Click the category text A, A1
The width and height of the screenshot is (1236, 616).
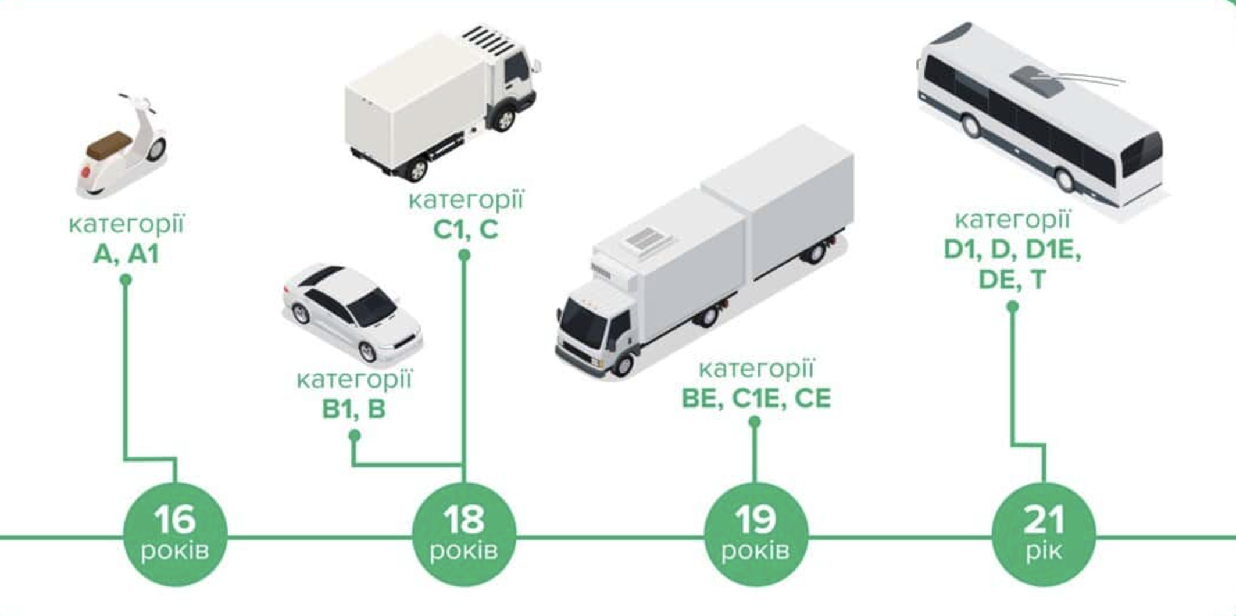pos(126,254)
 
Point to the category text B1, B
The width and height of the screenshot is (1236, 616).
pos(354,409)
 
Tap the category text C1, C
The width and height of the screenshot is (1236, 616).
pos(466,230)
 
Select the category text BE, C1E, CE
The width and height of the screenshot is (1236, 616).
pos(756,399)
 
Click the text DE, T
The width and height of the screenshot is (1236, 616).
pos(1012,280)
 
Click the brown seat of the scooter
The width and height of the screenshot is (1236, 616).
pos(108,143)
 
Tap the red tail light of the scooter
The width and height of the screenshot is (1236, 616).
pos(86,172)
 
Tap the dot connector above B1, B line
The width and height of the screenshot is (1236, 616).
pos(355,435)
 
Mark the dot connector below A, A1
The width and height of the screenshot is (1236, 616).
pos(126,280)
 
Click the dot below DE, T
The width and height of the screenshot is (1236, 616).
pos(1012,306)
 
